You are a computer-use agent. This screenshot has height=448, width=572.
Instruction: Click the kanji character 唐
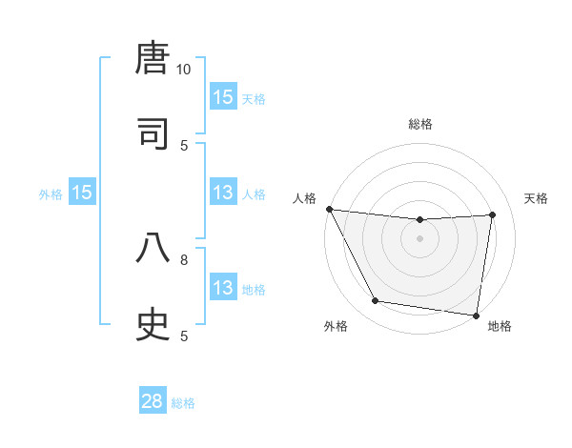click(x=153, y=59)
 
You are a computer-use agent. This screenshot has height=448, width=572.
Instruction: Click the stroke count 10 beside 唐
click(x=184, y=70)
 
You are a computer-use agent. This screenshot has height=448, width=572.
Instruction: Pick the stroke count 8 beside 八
click(x=184, y=258)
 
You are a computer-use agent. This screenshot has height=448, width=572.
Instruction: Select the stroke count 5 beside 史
click(x=184, y=336)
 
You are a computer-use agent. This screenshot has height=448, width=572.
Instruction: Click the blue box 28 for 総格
click(x=153, y=401)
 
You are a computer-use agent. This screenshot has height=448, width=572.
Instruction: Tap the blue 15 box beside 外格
click(x=82, y=193)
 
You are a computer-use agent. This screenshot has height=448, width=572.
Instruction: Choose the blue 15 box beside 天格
click(x=222, y=97)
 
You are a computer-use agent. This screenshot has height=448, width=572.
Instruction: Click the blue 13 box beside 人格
click(x=222, y=193)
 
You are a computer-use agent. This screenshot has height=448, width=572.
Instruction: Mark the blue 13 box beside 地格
click(x=222, y=288)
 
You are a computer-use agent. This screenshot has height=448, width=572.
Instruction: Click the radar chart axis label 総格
click(x=420, y=124)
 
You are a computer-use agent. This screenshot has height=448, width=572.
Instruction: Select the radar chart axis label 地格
click(x=500, y=326)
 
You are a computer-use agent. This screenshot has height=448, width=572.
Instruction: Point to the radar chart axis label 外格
click(x=336, y=326)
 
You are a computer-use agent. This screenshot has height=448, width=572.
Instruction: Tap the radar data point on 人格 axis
click(x=329, y=209)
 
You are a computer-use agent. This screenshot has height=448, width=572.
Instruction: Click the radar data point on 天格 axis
click(x=493, y=214)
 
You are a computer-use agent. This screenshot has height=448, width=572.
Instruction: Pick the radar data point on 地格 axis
click(x=477, y=315)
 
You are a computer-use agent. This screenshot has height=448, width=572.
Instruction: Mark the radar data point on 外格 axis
click(x=375, y=301)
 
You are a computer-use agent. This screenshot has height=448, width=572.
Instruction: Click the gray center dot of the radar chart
click(x=420, y=238)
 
